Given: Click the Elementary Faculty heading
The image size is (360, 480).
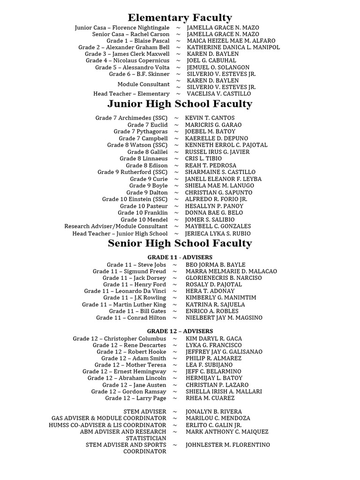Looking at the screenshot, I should [x=180, y=18].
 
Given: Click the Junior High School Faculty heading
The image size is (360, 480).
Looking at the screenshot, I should [x=180, y=104].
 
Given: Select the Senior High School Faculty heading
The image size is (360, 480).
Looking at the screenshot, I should [x=180, y=243].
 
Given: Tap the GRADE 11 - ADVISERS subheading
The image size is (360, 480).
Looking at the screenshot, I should [x=180, y=257].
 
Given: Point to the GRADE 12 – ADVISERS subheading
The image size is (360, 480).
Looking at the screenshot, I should [x=180, y=331].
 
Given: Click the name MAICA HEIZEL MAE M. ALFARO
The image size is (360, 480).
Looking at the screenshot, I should [x=231, y=41].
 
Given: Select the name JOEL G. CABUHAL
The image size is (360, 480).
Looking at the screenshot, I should [x=211, y=61].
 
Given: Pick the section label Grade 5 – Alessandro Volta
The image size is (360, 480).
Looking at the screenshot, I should [x=132, y=67].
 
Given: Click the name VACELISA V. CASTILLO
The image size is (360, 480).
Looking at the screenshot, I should [x=219, y=94].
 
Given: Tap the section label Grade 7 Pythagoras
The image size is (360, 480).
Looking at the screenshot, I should [x=140, y=132].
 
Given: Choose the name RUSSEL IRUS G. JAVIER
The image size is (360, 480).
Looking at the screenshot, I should [x=217, y=152].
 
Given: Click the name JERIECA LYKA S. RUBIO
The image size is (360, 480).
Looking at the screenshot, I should [x=218, y=233].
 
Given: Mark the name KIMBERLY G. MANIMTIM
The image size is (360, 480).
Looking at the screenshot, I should [x=221, y=298].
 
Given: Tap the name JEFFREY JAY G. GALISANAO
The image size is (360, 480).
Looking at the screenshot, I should [x=224, y=352].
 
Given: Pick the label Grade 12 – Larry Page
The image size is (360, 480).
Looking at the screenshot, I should [x=135, y=398].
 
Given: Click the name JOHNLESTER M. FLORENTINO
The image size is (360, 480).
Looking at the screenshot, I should [x=228, y=445].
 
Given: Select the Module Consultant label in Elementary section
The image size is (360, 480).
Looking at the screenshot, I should [x=143, y=84].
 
